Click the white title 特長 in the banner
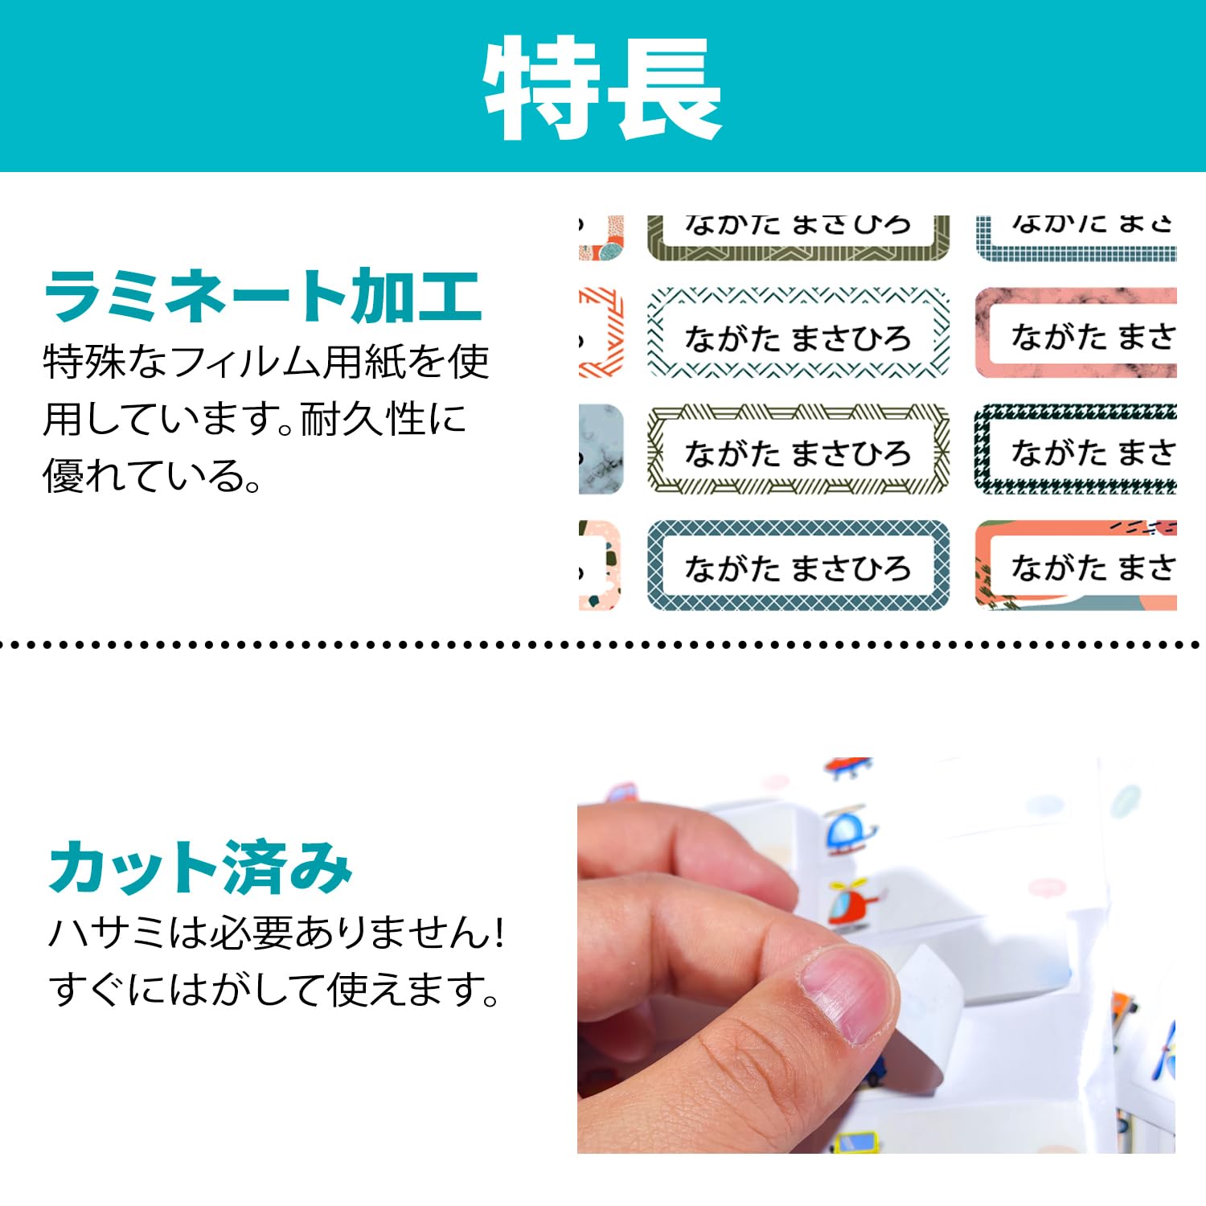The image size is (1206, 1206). (x=603, y=88)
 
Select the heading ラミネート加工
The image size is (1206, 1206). (x=264, y=297)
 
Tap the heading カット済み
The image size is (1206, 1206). (x=201, y=868)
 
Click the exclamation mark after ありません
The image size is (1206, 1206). (x=499, y=933)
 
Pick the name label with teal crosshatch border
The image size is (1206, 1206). (x=798, y=566)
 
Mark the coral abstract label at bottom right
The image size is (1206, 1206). (x=1076, y=566)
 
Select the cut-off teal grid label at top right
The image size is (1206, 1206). (x=1076, y=238)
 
